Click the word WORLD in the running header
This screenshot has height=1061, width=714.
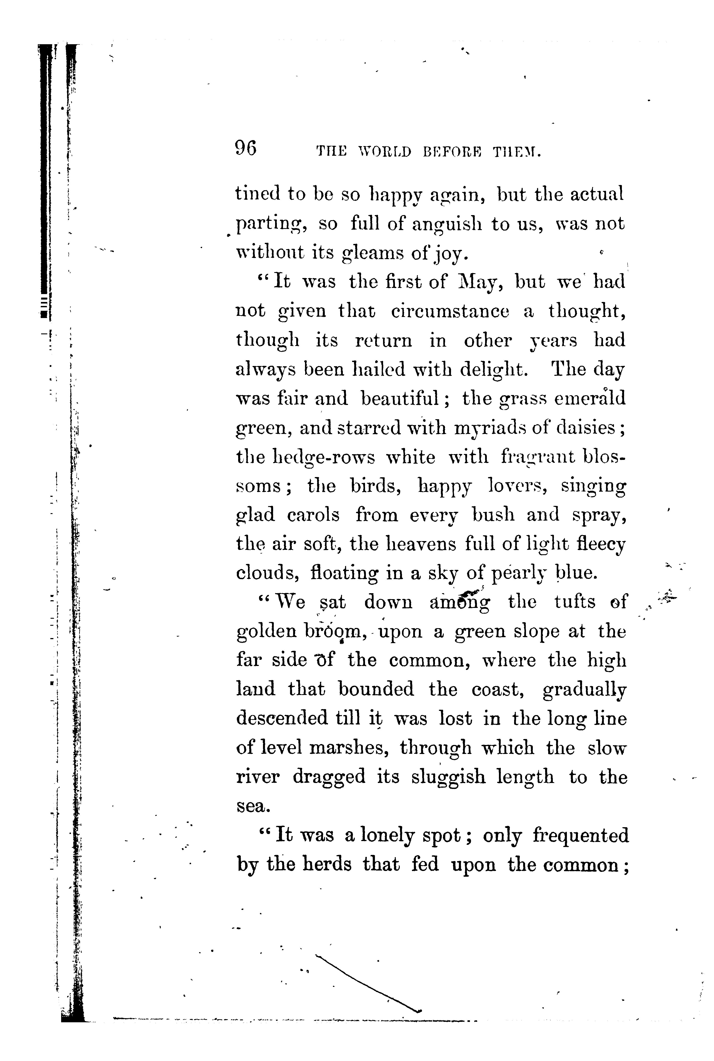tap(385, 152)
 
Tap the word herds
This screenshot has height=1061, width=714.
tap(327, 865)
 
